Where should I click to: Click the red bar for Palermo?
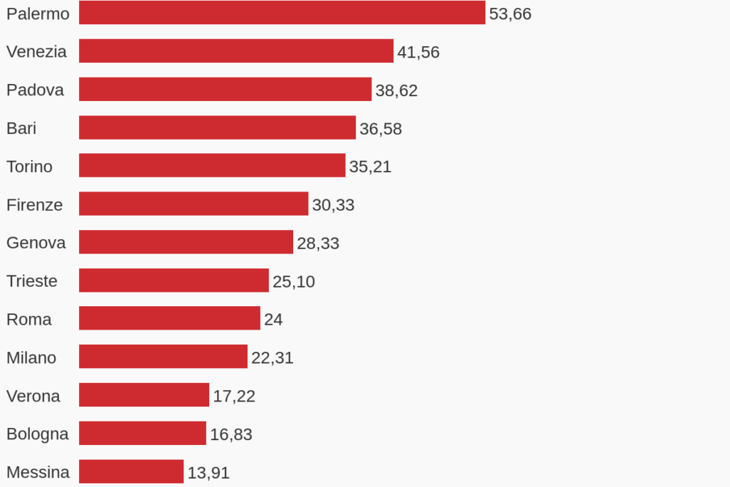[x=282, y=13]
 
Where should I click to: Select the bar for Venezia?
[x=236, y=51]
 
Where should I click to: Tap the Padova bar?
[x=226, y=89]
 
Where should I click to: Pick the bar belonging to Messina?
[x=132, y=471]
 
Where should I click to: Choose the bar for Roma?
[x=169, y=318]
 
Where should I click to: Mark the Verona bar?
[x=144, y=394]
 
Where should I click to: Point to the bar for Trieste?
[x=174, y=280]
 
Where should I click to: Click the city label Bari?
[x=21, y=128]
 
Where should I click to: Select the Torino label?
[x=29, y=167]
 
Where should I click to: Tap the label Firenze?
[x=34, y=204]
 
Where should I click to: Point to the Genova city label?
[x=36, y=243]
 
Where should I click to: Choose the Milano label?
[x=31, y=358]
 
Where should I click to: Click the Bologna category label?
[x=37, y=434]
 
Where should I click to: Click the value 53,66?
[x=510, y=14]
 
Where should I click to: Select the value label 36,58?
[x=381, y=129]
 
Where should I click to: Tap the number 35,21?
[x=371, y=167]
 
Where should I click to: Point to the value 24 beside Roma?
[x=273, y=320]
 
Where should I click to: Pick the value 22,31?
[x=273, y=358]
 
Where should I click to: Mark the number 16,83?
[x=231, y=434]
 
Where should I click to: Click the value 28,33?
[x=318, y=243]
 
